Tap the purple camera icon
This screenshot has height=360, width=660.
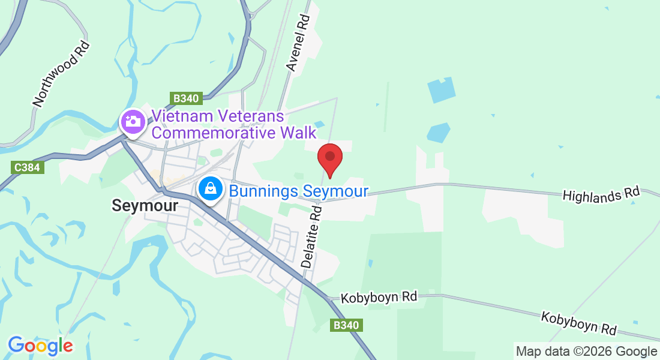click(133, 122)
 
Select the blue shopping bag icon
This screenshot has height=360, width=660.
click(211, 190)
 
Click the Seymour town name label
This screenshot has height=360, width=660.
click(145, 206)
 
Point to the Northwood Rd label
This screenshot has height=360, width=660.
click(61, 74)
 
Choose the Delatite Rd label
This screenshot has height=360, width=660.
click(312, 235)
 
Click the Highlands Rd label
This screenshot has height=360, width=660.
click(601, 194)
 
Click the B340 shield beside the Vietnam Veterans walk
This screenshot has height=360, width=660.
click(188, 98)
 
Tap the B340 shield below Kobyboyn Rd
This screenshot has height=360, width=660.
click(346, 325)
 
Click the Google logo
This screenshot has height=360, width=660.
click(40, 345)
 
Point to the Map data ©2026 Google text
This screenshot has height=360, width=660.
click(587, 352)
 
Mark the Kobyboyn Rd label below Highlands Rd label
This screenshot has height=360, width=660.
click(579, 323)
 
